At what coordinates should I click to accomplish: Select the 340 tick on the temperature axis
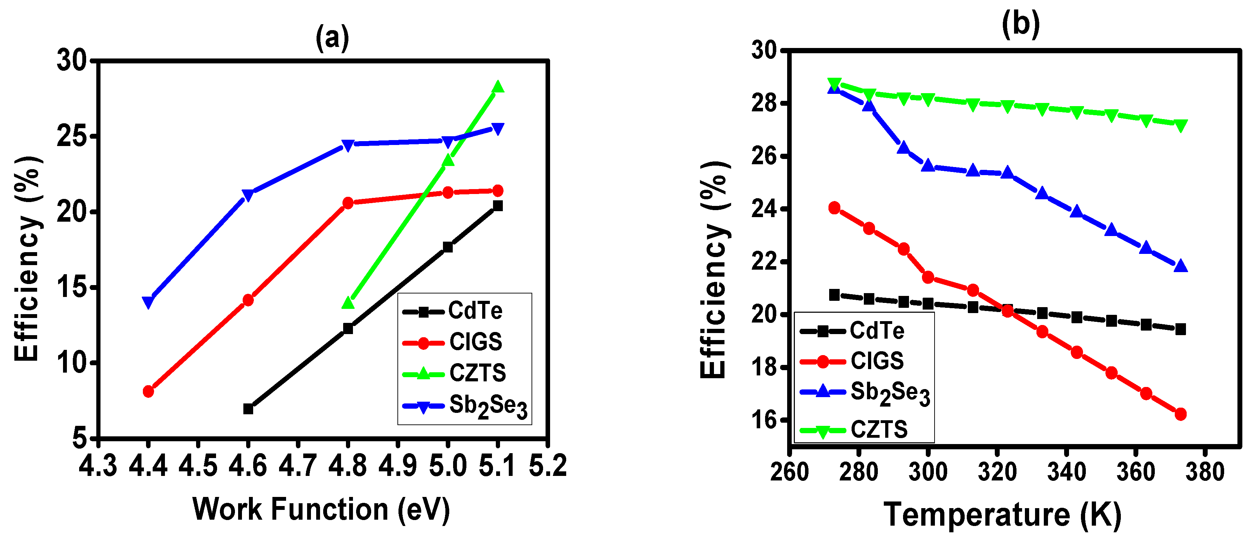coord(1067,472)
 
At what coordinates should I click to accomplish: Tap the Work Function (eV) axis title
coord(321,510)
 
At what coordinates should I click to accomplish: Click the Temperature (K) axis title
coord(1002,515)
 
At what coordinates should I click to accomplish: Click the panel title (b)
coord(1020,25)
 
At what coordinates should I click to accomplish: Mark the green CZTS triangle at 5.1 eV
coord(498,87)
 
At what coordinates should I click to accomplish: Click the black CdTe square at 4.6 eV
coord(248,409)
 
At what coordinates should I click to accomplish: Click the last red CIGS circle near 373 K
coord(1180,414)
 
